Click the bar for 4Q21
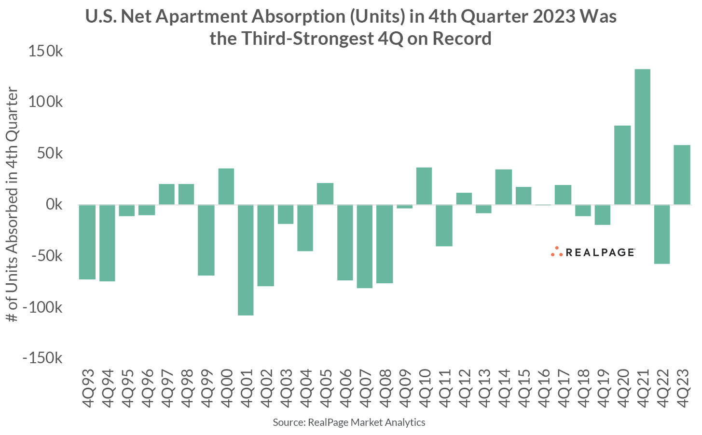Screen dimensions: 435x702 tap(642, 137)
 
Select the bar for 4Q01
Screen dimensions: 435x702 tap(246, 260)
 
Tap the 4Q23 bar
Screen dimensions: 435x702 tap(682, 175)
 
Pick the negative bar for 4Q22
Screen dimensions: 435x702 tap(662, 234)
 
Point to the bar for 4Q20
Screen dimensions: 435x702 tap(622, 165)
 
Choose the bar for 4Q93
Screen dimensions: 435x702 tap(87, 242)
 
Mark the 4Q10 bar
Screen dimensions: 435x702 tap(424, 186)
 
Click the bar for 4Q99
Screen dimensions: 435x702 tap(206, 240)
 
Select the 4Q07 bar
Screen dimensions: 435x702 tap(365, 246)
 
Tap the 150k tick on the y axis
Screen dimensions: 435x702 tap(45, 51)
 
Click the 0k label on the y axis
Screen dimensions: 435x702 tap(54, 205)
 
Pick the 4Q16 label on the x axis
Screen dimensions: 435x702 tap(543, 388)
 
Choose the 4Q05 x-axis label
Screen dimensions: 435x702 tap(325, 388)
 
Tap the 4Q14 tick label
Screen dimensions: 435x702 tap(504, 388)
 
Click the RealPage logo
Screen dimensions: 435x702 tap(592, 252)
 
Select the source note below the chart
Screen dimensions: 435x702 tap(349, 422)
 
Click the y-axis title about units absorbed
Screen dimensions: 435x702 tap(13, 205)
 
